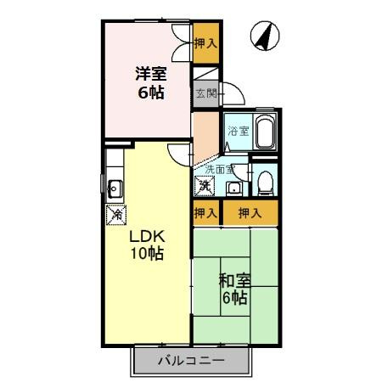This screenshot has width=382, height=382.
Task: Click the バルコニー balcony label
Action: (x=191, y=361)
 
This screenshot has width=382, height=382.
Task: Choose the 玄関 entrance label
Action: (x=205, y=93)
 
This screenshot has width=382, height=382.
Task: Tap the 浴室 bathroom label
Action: (x=238, y=131)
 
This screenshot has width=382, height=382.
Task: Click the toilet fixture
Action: (x=265, y=179)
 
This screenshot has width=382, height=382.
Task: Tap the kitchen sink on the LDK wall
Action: (x=115, y=188)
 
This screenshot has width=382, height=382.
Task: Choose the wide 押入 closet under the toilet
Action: (x=249, y=212)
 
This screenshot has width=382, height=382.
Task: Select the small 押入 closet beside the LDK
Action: (x=205, y=212)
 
